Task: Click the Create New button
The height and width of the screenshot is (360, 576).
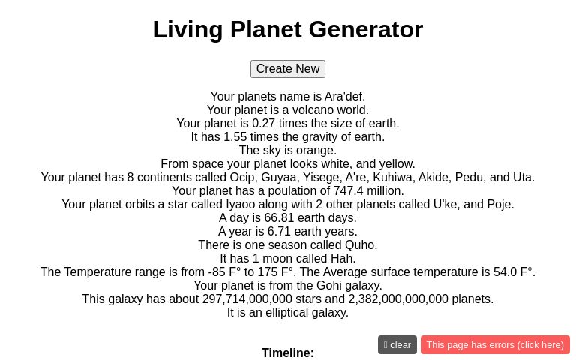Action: (x=288, y=69)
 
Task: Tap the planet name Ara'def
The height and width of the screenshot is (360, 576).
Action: (x=344, y=97)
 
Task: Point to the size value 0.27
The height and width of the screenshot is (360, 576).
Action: (x=264, y=124)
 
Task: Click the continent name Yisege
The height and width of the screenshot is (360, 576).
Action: (x=321, y=178)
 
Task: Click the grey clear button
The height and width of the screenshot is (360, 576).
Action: (x=397, y=345)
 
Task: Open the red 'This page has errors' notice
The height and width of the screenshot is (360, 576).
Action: (x=495, y=345)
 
